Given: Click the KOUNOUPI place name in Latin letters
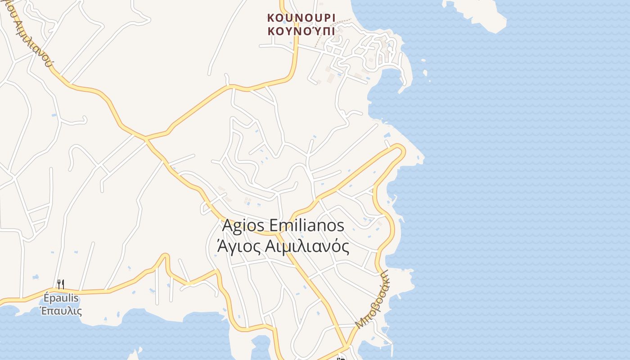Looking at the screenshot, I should tap(301, 18).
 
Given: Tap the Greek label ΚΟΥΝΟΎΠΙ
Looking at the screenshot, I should tap(301, 31).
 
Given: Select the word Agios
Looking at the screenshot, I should tap(243, 225).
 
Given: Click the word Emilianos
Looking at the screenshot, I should tap(307, 225).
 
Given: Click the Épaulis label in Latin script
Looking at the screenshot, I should tap(61, 298).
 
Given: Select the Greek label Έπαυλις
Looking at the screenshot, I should tap(61, 310).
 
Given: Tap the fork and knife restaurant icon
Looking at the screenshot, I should tap(61, 284).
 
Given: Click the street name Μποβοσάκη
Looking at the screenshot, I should tap(372, 298).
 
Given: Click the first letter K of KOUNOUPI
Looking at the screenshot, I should tap(271, 18).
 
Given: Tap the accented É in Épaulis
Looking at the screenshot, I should tap(47, 298).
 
